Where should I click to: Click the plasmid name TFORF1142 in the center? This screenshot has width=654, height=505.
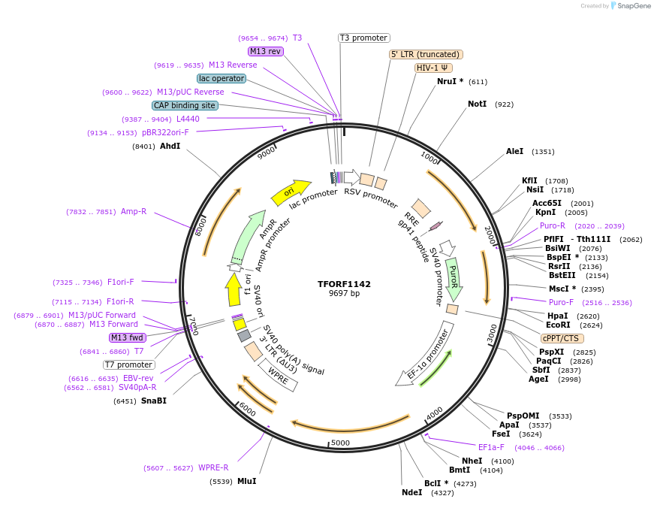coord(344,284)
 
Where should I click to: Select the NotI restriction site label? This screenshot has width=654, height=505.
coord(480,104)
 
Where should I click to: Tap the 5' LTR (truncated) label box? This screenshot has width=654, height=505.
coord(426,54)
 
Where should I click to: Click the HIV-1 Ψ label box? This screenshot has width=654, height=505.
coord(433,68)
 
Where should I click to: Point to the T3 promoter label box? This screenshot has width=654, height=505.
coord(363,38)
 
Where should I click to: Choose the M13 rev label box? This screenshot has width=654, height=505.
coord(266,51)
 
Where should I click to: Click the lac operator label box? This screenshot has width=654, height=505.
coord(222,78)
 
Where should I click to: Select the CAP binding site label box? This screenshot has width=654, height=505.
coord(185,106)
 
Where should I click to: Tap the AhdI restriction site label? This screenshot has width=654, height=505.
coord(170,146)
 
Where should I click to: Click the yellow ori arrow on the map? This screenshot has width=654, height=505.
coord(291,193)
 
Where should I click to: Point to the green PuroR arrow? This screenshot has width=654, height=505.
coord(454,278)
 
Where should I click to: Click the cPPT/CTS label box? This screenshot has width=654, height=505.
coord(560,338)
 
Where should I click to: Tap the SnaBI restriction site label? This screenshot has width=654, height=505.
coord(154,401)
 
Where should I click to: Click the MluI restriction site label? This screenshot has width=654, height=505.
coord(246,481)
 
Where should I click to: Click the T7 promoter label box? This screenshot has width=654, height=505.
coord(129,364)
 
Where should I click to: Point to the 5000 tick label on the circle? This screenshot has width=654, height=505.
coord(341,443)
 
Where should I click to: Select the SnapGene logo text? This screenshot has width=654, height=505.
coord(634,6)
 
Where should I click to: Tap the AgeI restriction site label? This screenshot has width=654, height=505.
coord(538,379)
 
